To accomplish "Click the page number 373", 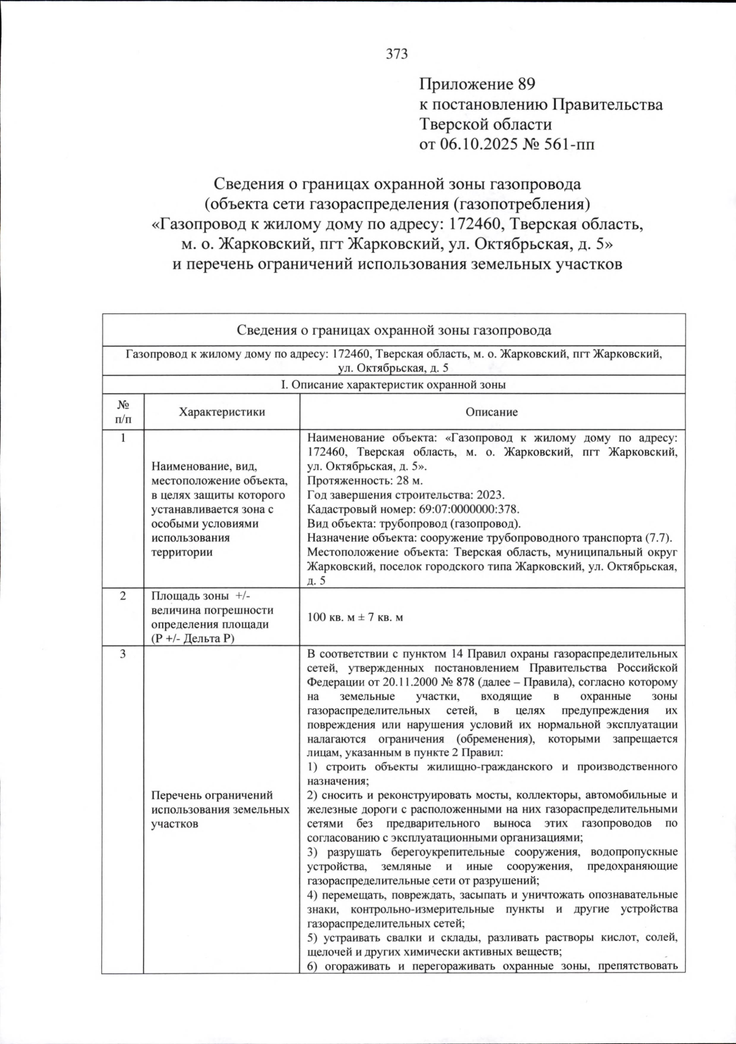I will tap(397, 54).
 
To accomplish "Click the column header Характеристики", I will tap(221, 412).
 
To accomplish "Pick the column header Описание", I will tap(491, 412).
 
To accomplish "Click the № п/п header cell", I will tap(123, 412).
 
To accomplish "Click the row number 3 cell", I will tap(123, 654).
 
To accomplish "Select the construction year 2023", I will tap(491, 495).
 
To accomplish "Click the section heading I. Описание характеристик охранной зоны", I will tap(393, 385).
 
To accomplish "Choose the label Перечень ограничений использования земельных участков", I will tap(221, 810).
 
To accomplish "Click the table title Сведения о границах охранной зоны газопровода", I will tap(393, 331).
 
